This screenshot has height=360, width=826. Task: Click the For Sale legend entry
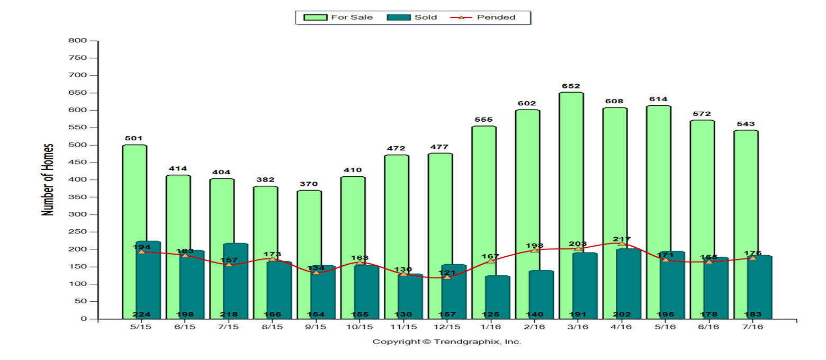point(338,17)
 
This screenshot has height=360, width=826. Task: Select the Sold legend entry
point(412,17)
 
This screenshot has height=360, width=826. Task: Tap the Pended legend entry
point(483,17)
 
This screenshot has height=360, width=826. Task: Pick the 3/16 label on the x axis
point(578,327)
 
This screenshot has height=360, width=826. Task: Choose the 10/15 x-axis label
point(360,327)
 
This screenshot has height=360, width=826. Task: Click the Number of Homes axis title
point(47,179)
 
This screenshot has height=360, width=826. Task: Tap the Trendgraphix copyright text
point(447,341)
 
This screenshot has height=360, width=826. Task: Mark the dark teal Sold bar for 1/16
point(497,298)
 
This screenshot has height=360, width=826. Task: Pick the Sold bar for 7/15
point(236,281)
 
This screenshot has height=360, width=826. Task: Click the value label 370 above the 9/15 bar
point(309,184)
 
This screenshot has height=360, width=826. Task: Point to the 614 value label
point(658,99)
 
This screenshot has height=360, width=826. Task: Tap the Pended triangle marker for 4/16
point(622,244)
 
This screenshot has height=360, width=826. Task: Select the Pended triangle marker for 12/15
point(447,277)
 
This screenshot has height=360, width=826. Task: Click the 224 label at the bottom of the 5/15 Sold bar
point(141,314)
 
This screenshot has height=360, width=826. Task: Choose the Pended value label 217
point(622,239)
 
